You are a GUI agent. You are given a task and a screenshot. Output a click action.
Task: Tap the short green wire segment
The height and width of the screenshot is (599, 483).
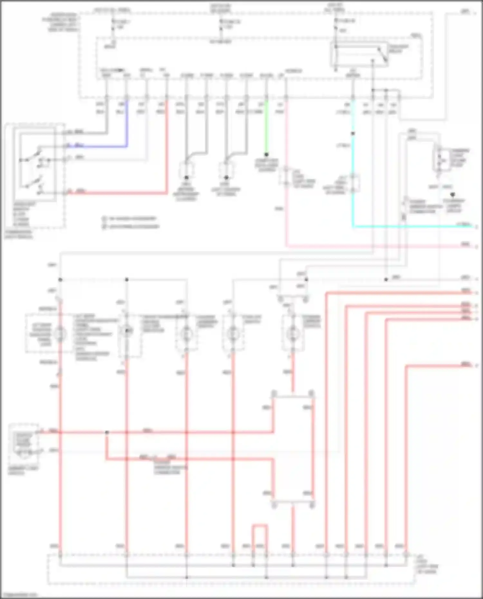pos(266,129)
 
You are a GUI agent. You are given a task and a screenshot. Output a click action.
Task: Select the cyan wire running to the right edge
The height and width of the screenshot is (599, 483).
pos(412,227)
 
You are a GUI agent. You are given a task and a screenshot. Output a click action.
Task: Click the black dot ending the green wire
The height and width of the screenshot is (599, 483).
pos(266,155)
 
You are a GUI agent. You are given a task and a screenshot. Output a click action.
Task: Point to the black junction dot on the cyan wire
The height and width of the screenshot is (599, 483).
pos(353,133)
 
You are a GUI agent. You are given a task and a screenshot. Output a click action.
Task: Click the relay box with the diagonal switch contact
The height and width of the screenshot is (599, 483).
pos(359,55)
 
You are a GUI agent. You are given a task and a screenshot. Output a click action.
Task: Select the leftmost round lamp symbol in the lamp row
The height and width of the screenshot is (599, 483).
pos(60,334)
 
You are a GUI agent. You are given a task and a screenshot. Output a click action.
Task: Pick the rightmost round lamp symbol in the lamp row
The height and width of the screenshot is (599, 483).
pos(293,334)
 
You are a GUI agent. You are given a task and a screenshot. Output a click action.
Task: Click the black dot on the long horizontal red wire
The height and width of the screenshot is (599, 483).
pos(107,432)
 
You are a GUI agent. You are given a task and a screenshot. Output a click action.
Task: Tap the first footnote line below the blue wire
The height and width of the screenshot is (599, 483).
pos(130,219)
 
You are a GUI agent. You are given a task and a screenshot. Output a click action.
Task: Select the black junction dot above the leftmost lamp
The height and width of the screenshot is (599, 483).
pos(60,280)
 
